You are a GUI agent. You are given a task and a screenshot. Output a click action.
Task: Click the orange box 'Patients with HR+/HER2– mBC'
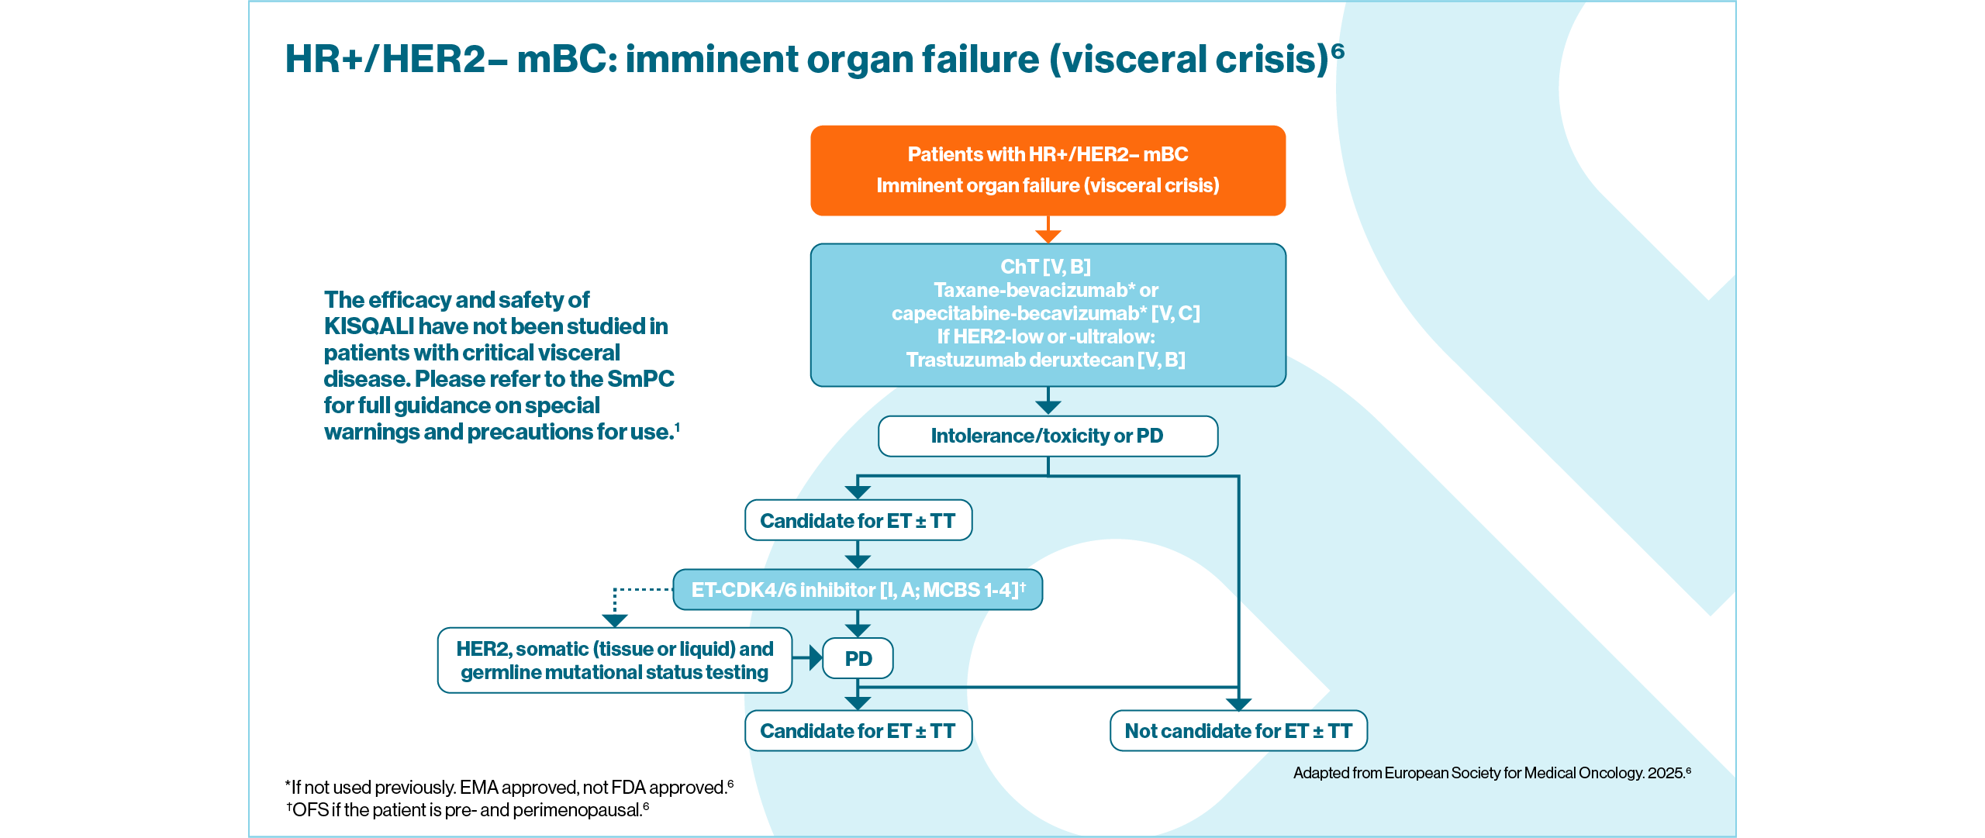1048,170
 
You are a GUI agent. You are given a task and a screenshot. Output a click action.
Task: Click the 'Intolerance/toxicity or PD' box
1048,436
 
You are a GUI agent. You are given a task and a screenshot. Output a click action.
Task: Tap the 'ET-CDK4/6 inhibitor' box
857,590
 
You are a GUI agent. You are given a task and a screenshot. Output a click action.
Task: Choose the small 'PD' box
858,658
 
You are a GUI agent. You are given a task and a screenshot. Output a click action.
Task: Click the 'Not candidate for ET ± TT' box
1238,731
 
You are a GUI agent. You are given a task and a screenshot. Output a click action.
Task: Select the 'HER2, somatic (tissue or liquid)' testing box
614,660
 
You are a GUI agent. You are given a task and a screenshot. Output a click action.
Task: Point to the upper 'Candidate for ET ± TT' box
858,520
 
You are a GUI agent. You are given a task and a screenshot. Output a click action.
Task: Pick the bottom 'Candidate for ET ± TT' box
858,731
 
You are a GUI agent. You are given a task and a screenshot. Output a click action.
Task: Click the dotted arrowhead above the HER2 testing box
614,620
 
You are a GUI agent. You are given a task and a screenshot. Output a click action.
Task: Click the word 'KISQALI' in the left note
368,326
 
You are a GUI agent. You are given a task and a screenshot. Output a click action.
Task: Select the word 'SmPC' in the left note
640,379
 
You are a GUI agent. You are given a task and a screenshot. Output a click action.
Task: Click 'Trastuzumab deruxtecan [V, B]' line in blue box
1045,360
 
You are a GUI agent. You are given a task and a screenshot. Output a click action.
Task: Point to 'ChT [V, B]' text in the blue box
1045,267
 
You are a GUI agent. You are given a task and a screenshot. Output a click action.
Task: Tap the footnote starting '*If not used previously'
509,788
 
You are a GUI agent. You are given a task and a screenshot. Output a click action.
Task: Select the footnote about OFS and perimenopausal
467,810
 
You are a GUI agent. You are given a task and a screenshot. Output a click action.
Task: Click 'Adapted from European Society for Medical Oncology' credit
1491,773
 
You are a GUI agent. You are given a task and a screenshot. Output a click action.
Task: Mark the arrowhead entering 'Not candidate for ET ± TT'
1238,704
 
